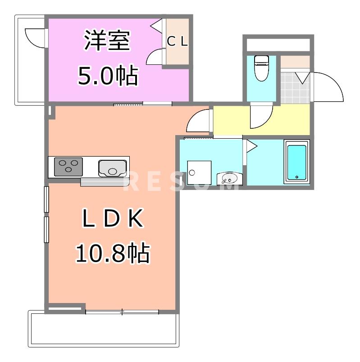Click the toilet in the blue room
pos(261,68)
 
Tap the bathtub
pos(296,162)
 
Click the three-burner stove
pos(68,167)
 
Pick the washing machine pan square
pos(199,173)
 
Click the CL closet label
pos(178,41)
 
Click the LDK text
pos(112,220)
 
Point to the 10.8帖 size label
pos(112,253)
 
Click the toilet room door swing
pos(261,115)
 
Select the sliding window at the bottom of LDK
pos(122,311)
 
